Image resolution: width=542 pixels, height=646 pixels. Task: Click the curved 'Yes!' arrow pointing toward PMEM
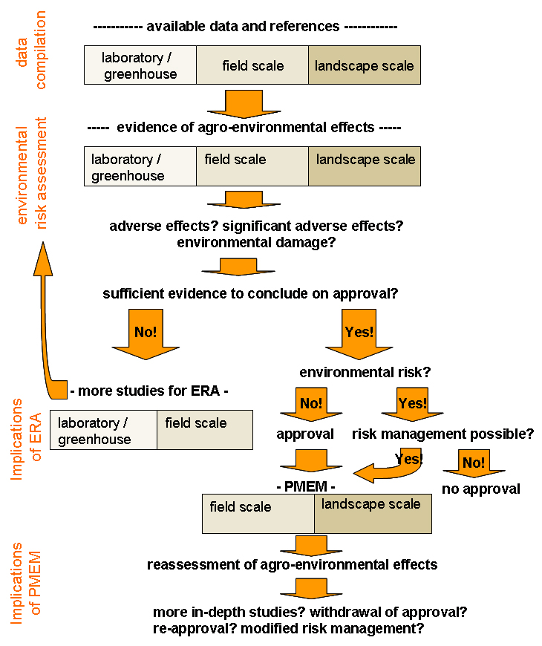click(x=394, y=463)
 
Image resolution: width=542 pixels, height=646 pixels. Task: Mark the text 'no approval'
click(x=480, y=489)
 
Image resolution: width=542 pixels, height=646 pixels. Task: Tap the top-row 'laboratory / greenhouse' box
click(x=140, y=65)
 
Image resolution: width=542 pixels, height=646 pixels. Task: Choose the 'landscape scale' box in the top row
click(x=364, y=65)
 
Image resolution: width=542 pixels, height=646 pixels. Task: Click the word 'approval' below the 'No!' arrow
click(x=304, y=434)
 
